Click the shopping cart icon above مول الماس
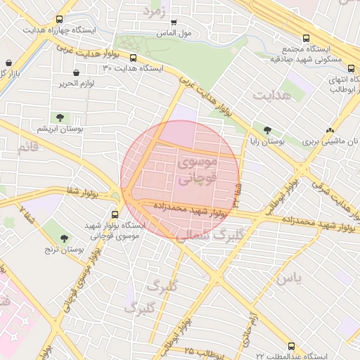point(174,22)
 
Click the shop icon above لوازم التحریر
point(76,72)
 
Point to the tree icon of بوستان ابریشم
point(58,117)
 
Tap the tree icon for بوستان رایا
point(266,130)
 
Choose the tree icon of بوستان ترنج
point(64,238)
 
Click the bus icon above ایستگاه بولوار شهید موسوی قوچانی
point(115,215)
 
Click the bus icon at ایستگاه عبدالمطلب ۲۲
point(290,346)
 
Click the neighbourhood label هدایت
point(269,95)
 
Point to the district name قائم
point(27,148)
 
